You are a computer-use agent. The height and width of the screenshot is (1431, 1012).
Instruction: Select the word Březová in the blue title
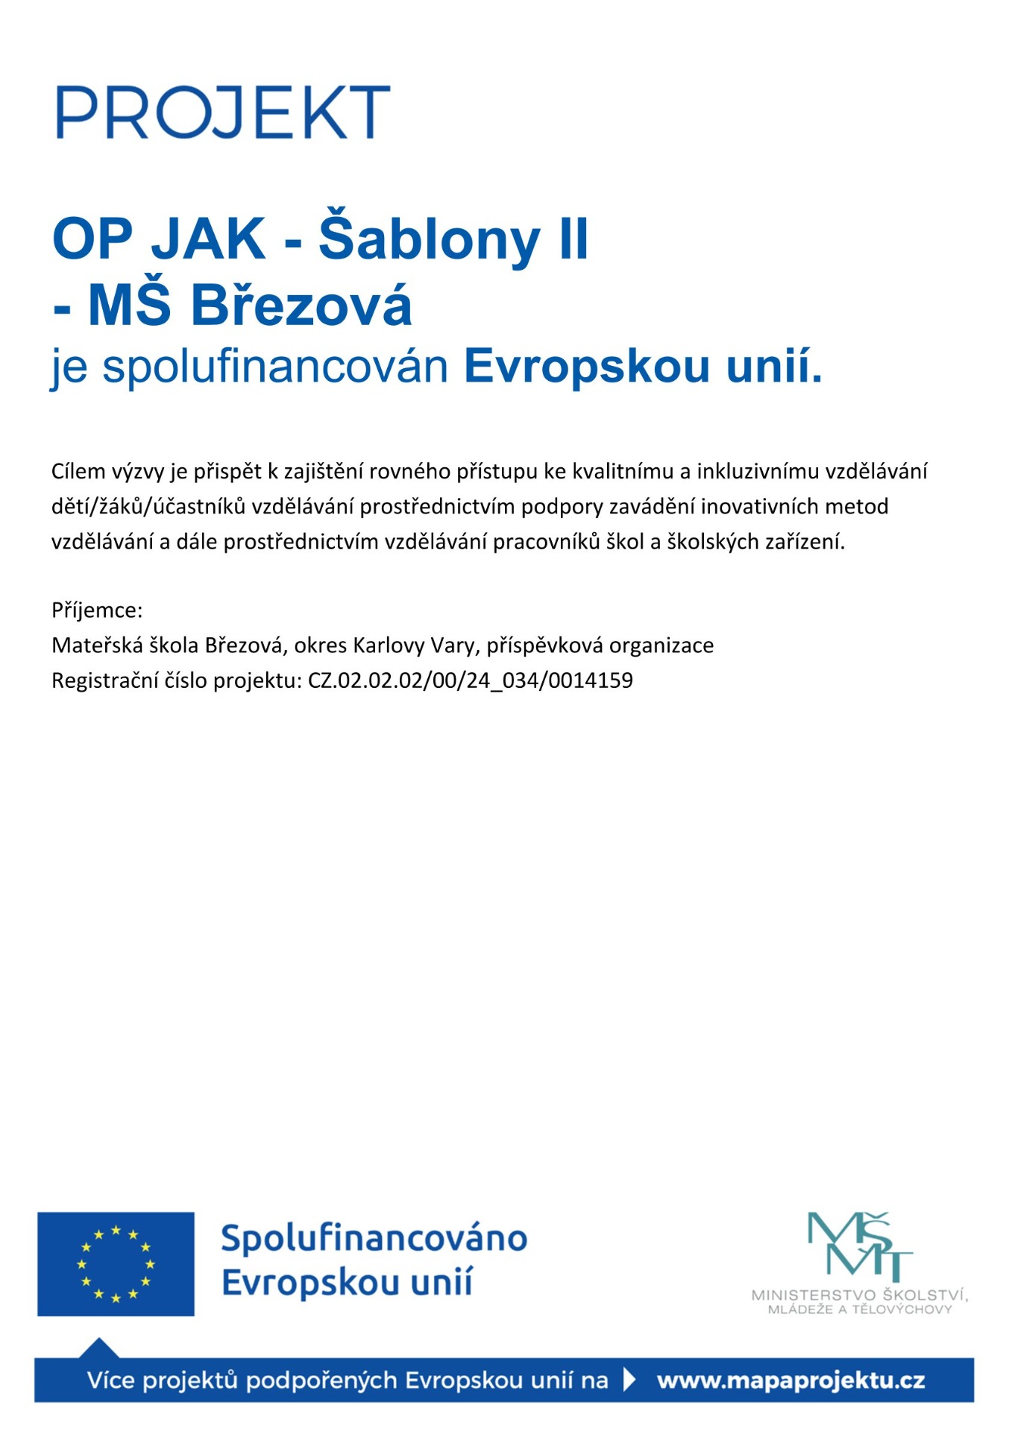pyautogui.click(x=301, y=306)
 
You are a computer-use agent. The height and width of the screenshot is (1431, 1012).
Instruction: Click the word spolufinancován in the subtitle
pyautogui.click(x=275, y=367)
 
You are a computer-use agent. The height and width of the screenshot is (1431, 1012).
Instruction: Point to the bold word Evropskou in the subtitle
pyautogui.click(x=586, y=367)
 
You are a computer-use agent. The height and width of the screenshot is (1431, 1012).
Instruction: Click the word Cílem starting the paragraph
pyautogui.click(x=78, y=471)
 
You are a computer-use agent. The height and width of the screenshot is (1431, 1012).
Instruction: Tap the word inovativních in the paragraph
pyautogui.click(x=756, y=507)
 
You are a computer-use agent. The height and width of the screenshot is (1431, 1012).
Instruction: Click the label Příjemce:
pyautogui.click(x=97, y=610)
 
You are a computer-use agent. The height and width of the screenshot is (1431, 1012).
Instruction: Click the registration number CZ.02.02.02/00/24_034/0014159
pyautogui.click(x=470, y=680)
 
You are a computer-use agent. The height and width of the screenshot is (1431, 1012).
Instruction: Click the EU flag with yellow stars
pyautogui.click(x=116, y=1264)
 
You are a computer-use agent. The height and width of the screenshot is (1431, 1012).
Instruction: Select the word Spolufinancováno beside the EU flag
pyautogui.click(x=374, y=1239)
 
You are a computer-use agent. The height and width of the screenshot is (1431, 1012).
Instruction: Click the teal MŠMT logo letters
pyautogui.click(x=859, y=1247)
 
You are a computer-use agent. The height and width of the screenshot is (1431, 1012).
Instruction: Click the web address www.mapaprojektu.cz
pyautogui.click(x=791, y=1381)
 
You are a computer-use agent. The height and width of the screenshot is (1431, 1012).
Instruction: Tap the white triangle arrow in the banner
pyautogui.click(x=630, y=1380)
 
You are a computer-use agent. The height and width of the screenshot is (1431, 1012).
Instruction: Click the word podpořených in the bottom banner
pyautogui.click(x=321, y=1381)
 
